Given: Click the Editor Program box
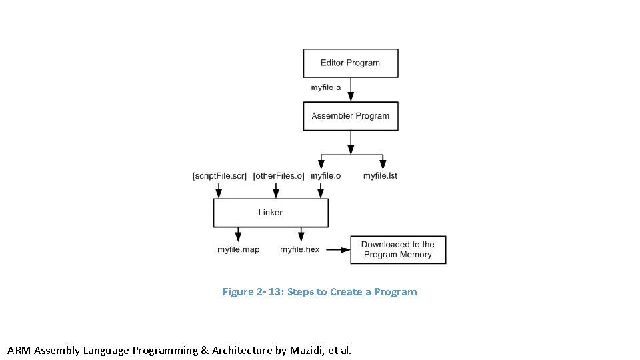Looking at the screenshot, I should tap(351, 63).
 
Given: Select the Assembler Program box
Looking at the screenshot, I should tap(351, 116).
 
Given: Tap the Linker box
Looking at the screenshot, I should tap(271, 213).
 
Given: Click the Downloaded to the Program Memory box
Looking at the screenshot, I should tap(398, 249).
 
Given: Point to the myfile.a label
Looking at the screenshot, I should tap(326, 87).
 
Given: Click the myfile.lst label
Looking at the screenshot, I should tap(380, 176).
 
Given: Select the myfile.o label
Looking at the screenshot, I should tap(326, 176).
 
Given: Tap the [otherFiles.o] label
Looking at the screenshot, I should tap(279, 176).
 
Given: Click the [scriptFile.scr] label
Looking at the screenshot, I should tap(219, 176).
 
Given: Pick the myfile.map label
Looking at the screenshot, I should tap(239, 250).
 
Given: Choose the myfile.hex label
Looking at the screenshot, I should tap(300, 250).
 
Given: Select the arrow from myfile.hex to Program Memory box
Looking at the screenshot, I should tap(338, 250).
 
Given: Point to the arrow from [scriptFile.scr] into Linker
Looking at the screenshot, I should tap(219, 191).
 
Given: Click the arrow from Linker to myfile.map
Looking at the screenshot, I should tap(237, 234).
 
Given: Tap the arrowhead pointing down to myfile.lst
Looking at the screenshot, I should tap(383, 164).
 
